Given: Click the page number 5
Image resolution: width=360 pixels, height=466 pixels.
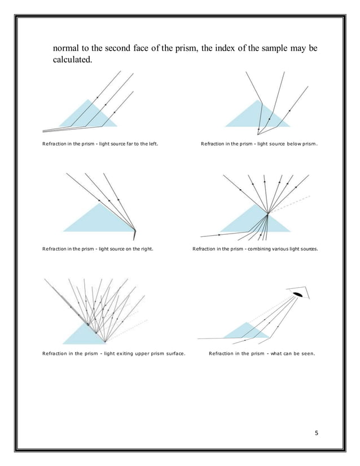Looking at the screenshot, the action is point(317,433).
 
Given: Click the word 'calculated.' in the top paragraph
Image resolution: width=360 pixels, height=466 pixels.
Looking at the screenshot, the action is point(73,59).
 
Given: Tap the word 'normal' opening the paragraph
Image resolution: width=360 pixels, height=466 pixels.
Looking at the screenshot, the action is point(65,48).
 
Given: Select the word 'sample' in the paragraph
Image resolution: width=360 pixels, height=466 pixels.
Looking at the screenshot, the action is point(274,48).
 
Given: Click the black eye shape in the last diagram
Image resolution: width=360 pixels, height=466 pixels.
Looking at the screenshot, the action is point(297,294).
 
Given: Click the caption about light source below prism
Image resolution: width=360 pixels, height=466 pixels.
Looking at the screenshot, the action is point(259,144).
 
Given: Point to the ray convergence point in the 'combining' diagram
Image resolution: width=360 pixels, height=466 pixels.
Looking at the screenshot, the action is point(268,213).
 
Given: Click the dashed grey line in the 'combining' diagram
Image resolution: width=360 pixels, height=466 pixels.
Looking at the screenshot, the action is point(289,204).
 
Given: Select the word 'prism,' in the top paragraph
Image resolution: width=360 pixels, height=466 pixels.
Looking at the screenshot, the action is point(186,49).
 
